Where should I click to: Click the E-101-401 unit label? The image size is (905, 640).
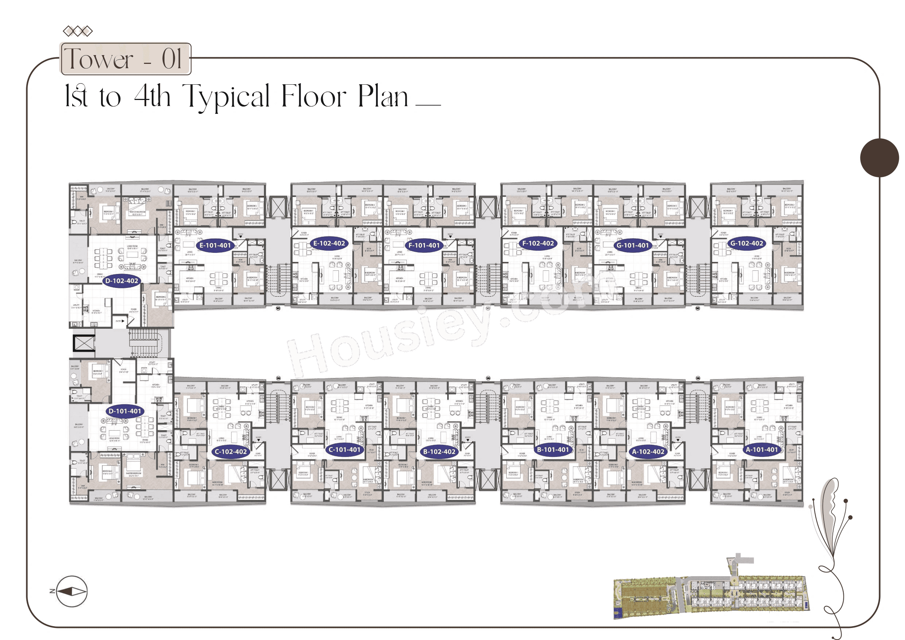pyautogui.click(x=215, y=245)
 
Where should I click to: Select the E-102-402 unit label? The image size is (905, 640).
pyautogui.click(x=329, y=243)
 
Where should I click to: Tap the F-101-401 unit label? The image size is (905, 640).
pyautogui.click(x=424, y=245)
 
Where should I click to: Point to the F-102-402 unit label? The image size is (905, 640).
pyautogui.click(x=538, y=243)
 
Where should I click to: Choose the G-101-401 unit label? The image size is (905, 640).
pyautogui.click(x=632, y=245)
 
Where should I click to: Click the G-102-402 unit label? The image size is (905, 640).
pyautogui.click(x=747, y=243)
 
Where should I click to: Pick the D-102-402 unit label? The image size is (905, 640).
pyautogui.click(x=122, y=281)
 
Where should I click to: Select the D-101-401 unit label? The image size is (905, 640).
pyautogui.click(x=124, y=411)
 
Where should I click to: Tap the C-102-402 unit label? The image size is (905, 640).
pyautogui.click(x=231, y=451)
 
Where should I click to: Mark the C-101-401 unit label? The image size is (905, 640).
pyautogui.click(x=344, y=450)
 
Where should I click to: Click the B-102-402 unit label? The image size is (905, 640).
pyautogui.click(x=439, y=451)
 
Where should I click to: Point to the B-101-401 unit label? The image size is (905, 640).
pyautogui.click(x=553, y=450)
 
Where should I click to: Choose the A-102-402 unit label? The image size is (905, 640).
pyautogui.click(x=648, y=451)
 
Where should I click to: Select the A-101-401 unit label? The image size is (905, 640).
pyautogui.click(x=762, y=450)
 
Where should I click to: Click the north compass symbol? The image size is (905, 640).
pyautogui.click(x=71, y=591)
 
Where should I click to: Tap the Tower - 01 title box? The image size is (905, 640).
pyautogui.click(x=125, y=59)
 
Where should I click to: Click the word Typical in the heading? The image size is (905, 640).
pyautogui.click(x=226, y=97)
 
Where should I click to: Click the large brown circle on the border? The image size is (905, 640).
pyautogui.click(x=879, y=158)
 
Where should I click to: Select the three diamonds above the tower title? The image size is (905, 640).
pyautogui.click(x=78, y=31)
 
